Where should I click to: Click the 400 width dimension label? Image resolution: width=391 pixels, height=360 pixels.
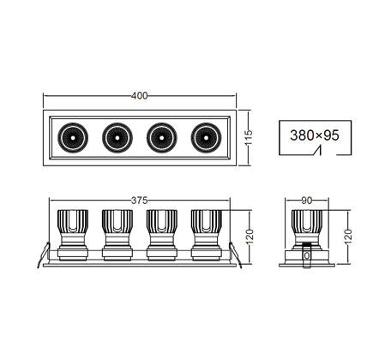tap(140, 96)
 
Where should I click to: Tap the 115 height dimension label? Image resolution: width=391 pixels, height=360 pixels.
tap(249, 137)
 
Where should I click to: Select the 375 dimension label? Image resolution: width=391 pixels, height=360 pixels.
tap(139, 201)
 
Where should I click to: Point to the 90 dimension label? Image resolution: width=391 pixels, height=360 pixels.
tap(307, 201)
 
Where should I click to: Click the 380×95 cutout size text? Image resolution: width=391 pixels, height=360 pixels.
tap(315, 135)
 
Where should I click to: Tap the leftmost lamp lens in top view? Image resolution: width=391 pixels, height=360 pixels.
tap(73, 138)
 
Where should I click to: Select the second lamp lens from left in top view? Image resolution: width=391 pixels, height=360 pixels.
tap(117, 138)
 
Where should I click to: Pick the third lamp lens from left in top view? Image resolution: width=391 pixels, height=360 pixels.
tap(162, 138)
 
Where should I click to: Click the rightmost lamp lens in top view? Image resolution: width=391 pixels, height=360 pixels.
tap(206, 138)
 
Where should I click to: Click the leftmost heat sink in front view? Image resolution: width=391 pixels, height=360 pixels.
tap(73, 221)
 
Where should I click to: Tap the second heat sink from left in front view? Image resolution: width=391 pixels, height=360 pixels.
tap(117, 221)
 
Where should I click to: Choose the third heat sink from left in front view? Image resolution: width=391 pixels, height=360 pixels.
tap(162, 221)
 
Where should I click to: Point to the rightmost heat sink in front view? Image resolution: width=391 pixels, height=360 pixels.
tap(206, 221)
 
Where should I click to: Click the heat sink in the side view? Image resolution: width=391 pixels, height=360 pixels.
tap(307, 221)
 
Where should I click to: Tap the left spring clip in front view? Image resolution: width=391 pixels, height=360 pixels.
tap(44, 255)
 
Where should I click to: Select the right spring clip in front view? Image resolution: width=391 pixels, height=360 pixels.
tap(236, 255)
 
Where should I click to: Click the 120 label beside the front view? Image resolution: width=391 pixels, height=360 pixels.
tap(250, 237)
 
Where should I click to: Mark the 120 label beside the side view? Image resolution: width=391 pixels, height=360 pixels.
tap(348, 237)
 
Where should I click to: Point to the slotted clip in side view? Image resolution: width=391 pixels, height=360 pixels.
tap(307, 255)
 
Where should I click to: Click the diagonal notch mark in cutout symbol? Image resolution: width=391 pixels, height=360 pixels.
tap(317, 150)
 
